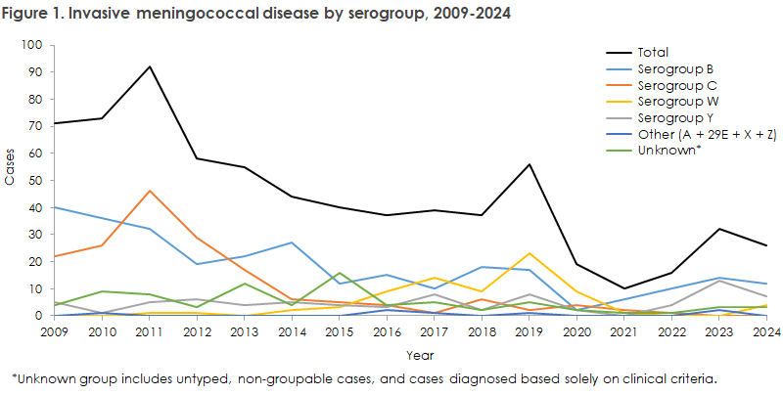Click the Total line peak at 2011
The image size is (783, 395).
pyautogui.click(x=150, y=66)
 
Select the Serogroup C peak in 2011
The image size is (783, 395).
pyautogui.click(x=150, y=192)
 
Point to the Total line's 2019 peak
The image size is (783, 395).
pyautogui.click(x=556, y=164)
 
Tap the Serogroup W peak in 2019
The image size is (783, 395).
pyautogui.click(x=556, y=253)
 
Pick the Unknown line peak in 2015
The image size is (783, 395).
pyautogui.click(x=338, y=273)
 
